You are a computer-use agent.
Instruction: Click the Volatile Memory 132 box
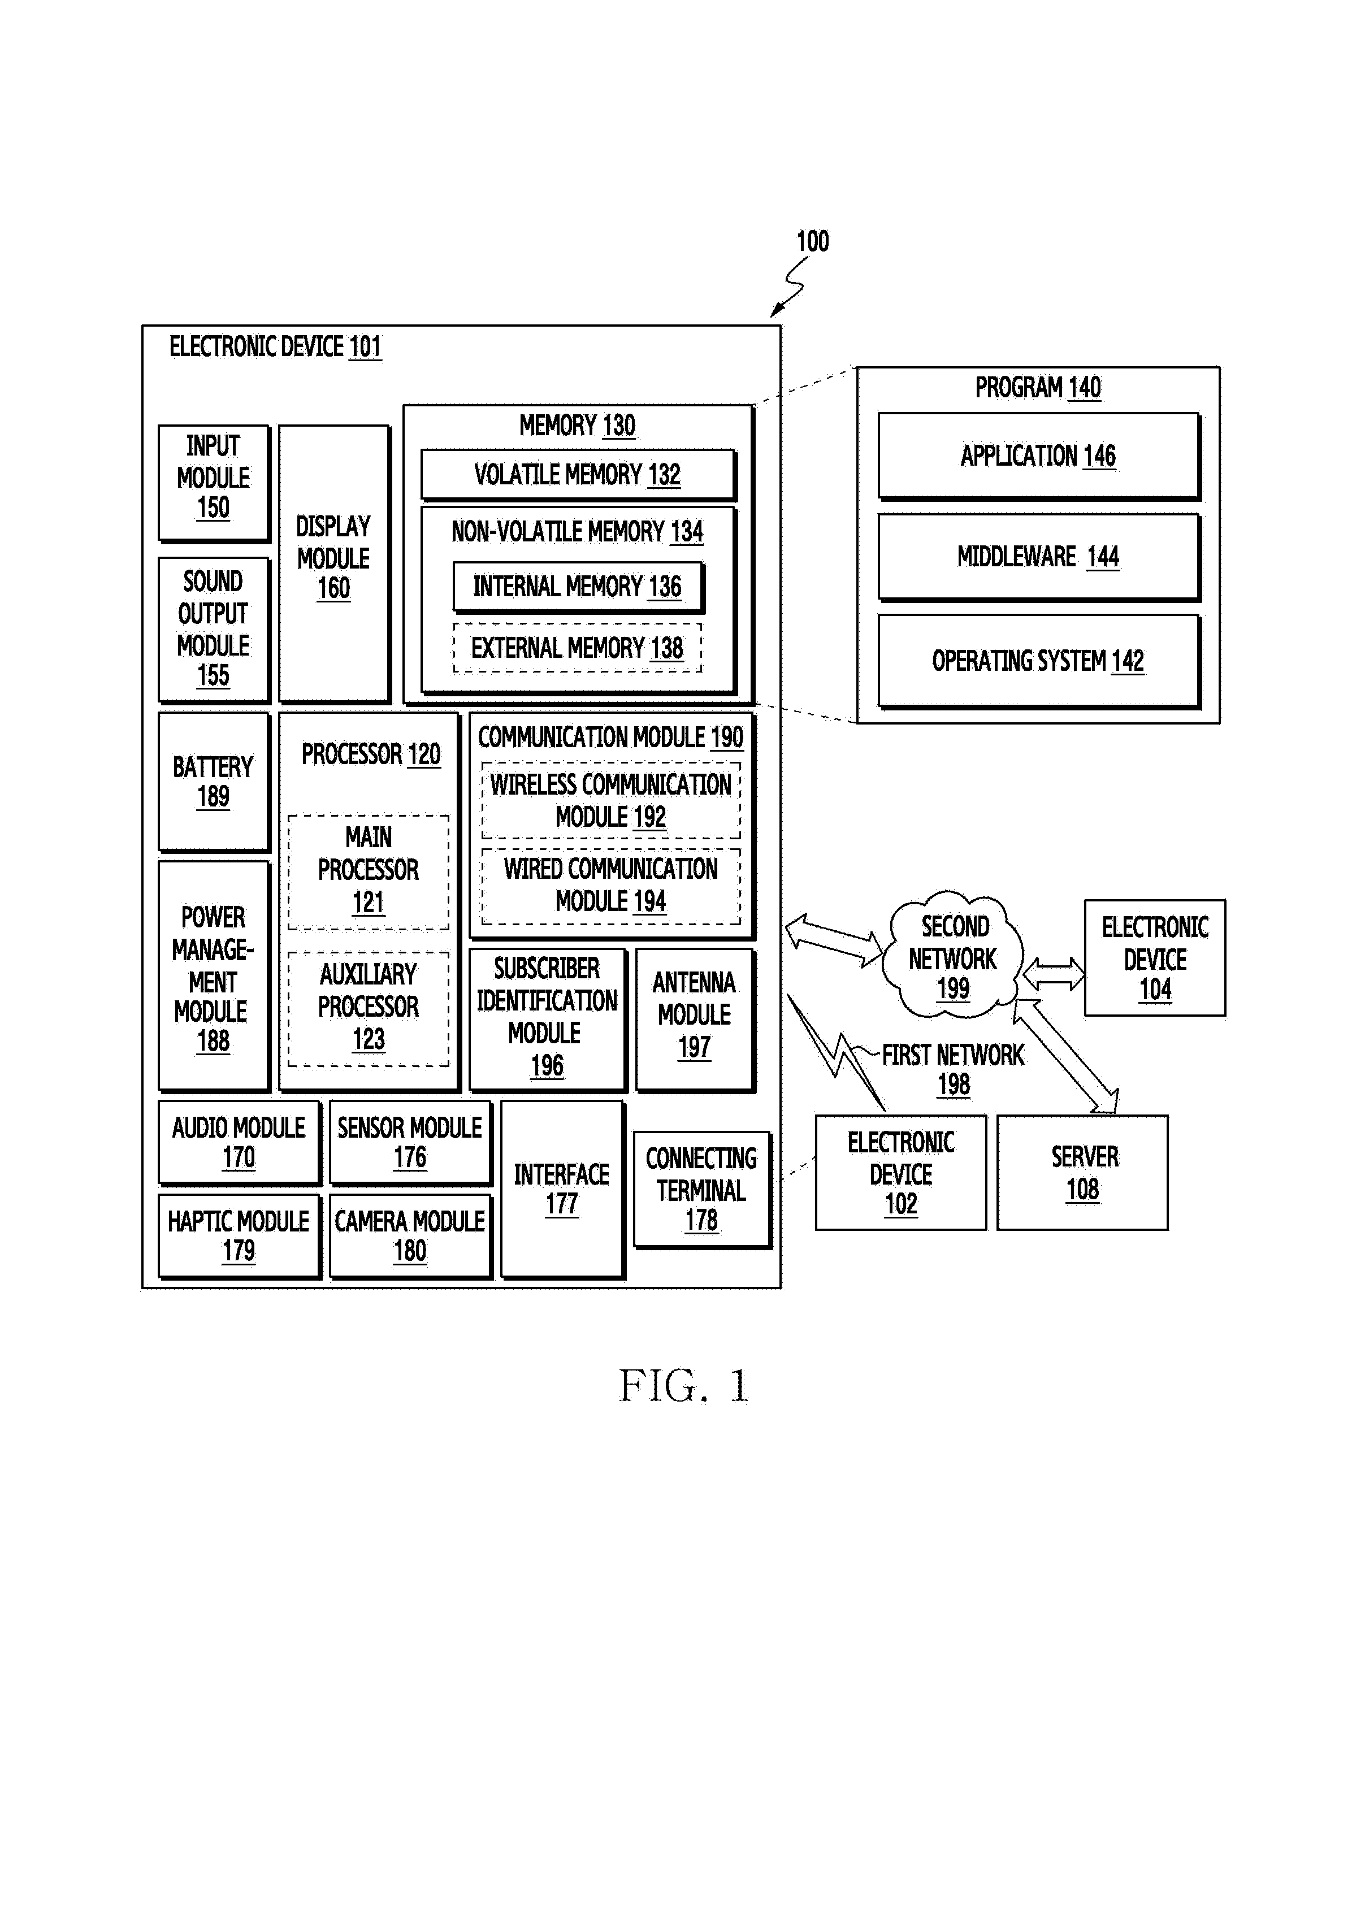[x=578, y=475]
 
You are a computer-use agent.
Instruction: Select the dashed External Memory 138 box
[x=578, y=647]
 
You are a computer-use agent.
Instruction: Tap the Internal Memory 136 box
[x=578, y=587]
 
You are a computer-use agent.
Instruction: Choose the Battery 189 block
[x=214, y=782]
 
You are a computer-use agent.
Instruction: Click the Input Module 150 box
[x=214, y=483]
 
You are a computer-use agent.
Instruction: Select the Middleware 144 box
[x=1039, y=557]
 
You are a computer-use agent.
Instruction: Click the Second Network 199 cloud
[x=952, y=956]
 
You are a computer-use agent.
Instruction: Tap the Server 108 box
[x=1082, y=1173]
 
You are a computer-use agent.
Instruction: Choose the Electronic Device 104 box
[x=1155, y=959]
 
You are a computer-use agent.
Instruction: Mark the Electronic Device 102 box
[x=901, y=1173]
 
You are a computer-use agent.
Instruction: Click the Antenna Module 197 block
[x=696, y=1021]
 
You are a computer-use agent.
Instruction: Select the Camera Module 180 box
[x=411, y=1237]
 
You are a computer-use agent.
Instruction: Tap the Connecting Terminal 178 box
[x=703, y=1190]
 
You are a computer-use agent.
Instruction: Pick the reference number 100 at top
[x=813, y=242]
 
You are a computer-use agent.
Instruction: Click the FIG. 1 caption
[x=683, y=1385]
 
